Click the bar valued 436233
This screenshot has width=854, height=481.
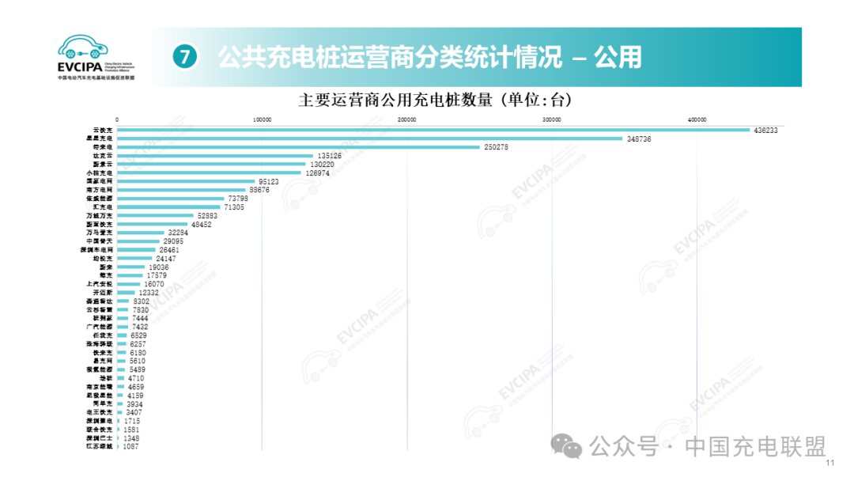click(x=433, y=130)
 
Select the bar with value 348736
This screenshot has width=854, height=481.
click(x=369, y=138)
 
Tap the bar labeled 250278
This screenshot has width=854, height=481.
click(x=298, y=147)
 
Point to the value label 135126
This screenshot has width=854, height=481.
click(x=327, y=156)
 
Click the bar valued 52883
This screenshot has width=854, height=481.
click(x=155, y=215)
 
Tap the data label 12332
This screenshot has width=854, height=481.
click(x=149, y=293)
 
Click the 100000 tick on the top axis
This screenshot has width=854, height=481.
click(x=262, y=120)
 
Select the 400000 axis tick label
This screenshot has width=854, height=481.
click(x=697, y=120)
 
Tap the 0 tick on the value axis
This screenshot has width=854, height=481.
click(x=117, y=120)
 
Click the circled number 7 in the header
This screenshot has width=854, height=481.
click(x=183, y=58)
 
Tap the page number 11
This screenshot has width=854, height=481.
click(x=829, y=464)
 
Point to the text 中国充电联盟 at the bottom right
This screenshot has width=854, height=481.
click(x=756, y=447)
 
